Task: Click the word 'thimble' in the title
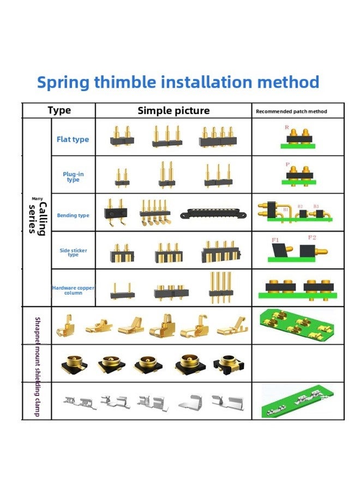[x=125, y=82]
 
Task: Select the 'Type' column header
[x=59, y=111]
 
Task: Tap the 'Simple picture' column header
[x=173, y=111]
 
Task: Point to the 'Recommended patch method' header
[x=291, y=111]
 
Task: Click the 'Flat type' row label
[x=73, y=140]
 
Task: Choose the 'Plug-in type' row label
[x=73, y=177]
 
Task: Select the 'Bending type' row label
[x=73, y=215]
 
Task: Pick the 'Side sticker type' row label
[x=73, y=253]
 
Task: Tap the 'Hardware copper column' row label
[x=73, y=290]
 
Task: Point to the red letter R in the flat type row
[x=287, y=127]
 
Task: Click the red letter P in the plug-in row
[x=287, y=164]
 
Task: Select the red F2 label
[x=312, y=237]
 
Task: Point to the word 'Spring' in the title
[x=63, y=82]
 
